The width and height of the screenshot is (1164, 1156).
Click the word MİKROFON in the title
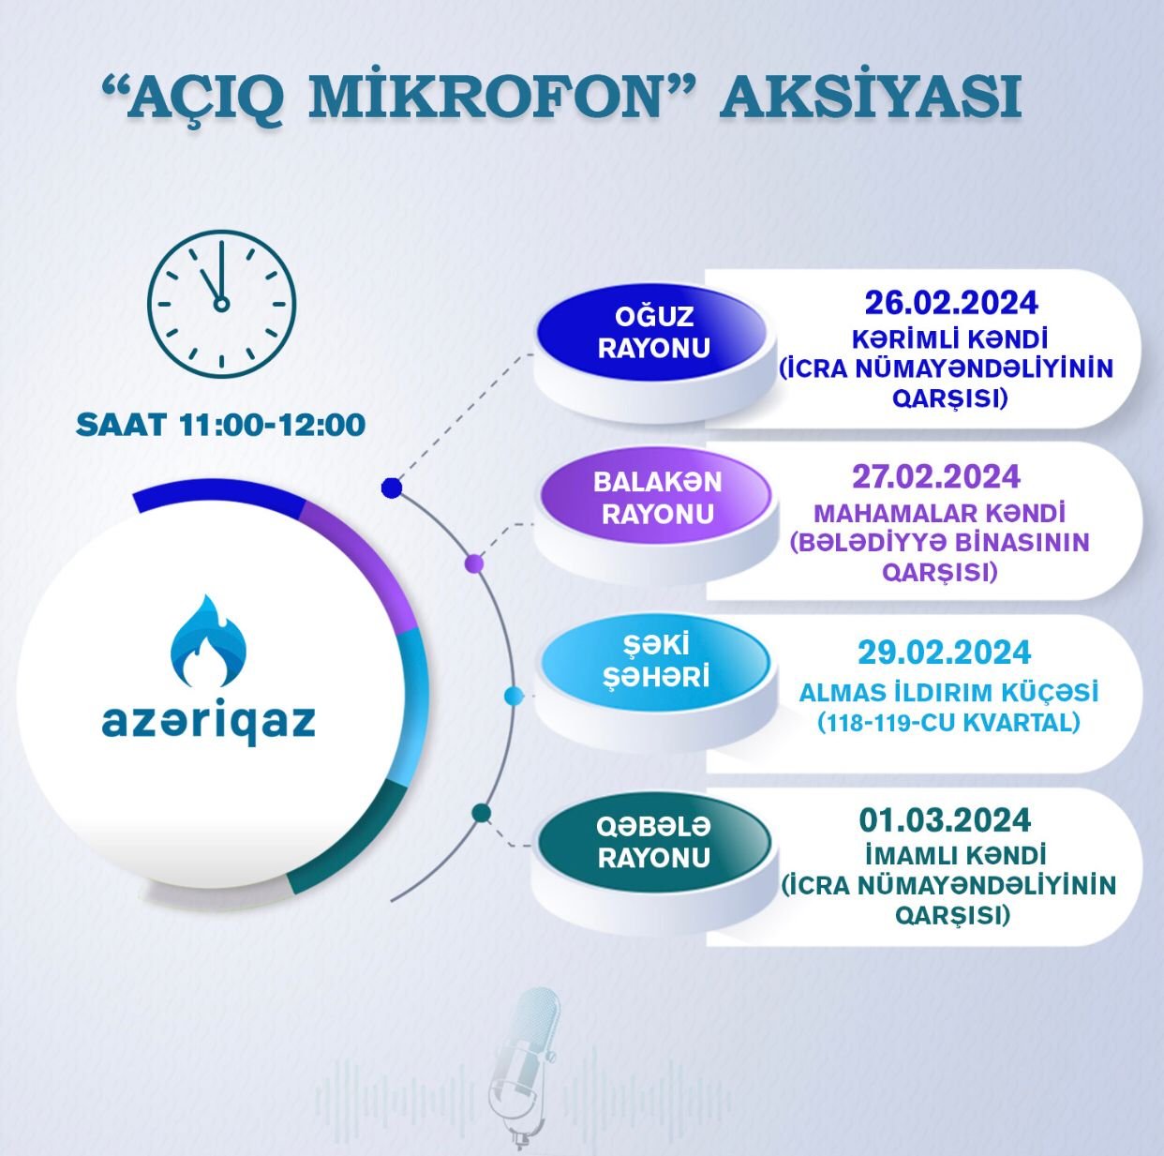(485, 97)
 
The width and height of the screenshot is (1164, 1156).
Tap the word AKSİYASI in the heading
(871, 97)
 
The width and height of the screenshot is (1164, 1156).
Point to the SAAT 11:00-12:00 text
(220, 424)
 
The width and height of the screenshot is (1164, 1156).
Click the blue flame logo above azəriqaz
(208, 641)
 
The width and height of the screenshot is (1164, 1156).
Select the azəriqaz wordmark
(208, 723)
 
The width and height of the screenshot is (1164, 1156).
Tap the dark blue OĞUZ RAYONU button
(653, 333)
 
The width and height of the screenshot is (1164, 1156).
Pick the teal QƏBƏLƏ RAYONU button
(654, 842)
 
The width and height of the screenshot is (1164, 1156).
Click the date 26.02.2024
(950, 303)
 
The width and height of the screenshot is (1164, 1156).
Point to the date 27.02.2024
(935, 476)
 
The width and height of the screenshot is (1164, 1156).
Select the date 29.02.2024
(944, 652)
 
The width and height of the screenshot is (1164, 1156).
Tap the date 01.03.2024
(945, 819)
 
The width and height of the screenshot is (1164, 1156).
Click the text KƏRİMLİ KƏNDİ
(949, 340)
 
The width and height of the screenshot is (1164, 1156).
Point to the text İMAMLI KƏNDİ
(948, 856)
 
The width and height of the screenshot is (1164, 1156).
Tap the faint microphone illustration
(524, 1069)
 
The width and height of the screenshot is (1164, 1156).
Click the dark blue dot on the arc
(392, 487)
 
